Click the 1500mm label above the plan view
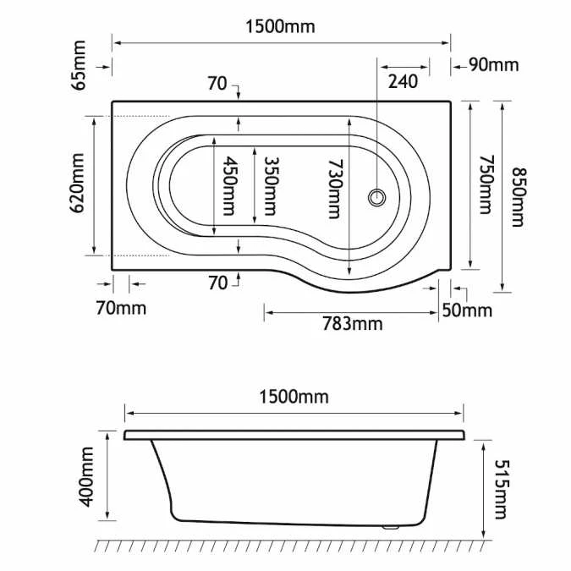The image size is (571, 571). [280, 26]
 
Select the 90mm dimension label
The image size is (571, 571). [494, 65]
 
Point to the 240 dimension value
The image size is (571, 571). [404, 81]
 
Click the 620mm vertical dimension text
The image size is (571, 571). [80, 183]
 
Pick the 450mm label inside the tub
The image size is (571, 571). [228, 186]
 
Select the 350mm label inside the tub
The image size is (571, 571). [271, 186]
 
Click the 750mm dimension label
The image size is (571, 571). [484, 184]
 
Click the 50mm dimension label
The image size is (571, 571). [467, 310]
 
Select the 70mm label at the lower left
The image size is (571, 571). [121, 307]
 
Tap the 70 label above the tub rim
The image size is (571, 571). [217, 83]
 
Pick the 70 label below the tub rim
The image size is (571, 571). [217, 283]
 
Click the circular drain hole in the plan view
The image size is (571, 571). [377, 198]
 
